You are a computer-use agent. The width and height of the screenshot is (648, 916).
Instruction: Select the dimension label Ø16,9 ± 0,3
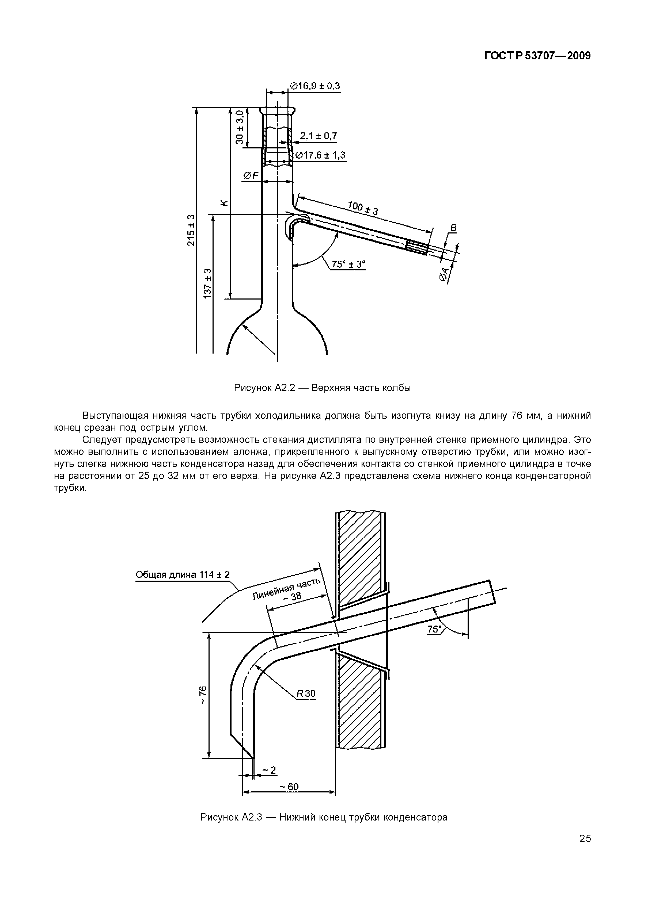click(x=314, y=86)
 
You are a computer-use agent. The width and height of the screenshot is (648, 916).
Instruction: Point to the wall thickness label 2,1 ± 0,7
click(x=318, y=136)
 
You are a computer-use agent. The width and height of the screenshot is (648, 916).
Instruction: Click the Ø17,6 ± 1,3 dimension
click(x=320, y=155)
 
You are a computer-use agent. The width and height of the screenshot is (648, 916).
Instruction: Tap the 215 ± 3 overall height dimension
click(x=191, y=230)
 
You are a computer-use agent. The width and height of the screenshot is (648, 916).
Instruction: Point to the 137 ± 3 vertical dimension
click(x=207, y=283)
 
